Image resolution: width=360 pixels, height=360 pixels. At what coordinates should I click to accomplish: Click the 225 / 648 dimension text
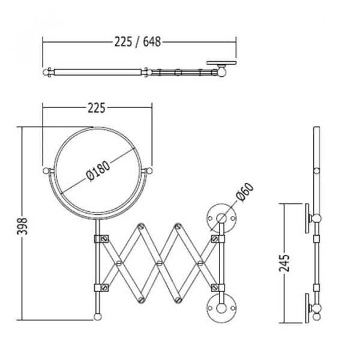point(137,42)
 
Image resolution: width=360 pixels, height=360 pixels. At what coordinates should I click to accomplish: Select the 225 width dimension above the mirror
point(97,108)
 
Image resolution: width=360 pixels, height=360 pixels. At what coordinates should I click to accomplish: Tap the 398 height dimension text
point(22,226)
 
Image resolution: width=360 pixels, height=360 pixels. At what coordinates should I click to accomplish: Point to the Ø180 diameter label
point(98,171)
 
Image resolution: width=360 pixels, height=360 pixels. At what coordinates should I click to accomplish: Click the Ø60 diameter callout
point(245,193)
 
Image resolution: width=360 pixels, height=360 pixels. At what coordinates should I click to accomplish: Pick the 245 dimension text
point(284,263)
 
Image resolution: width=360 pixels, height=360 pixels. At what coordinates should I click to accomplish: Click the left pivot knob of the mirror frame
point(46,171)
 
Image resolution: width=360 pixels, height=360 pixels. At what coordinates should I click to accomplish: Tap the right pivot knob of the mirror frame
point(149,171)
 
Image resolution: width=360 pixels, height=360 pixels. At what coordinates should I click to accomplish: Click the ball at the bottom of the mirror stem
point(98,317)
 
